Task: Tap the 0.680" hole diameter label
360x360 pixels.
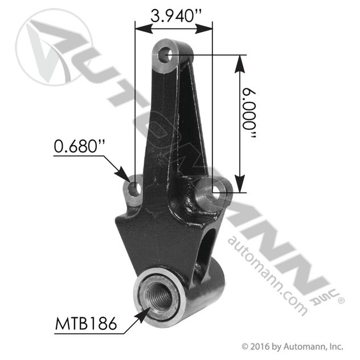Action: coord(79,146)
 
